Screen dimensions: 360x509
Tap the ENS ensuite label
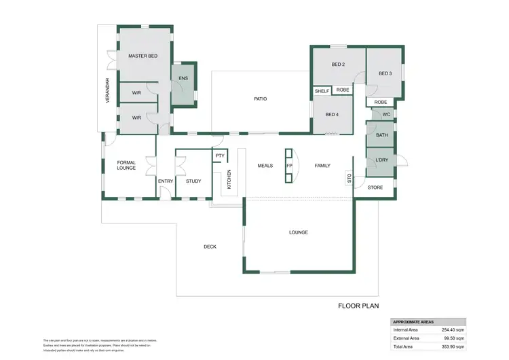pyautogui.click(x=183, y=79)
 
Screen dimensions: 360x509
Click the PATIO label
pyautogui.click(x=260, y=99)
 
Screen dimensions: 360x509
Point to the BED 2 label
pyautogui.click(x=338, y=65)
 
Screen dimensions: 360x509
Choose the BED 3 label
pyautogui.click(x=385, y=73)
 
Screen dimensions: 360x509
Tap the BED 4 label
pyautogui.click(x=331, y=114)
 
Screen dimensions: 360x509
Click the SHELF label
pyautogui.click(x=322, y=90)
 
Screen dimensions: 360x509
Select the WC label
pyautogui.click(x=385, y=114)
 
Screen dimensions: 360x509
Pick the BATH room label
pyautogui.click(x=381, y=135)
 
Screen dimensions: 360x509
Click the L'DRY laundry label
pyautogui.click(x=381, y=160)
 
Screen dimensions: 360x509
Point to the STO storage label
pyautogui.click(x=350, y=179)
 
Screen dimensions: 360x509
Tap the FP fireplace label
pyautogui.click(x=289, y=166)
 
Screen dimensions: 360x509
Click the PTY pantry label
pyautogui.click(x=219, y=156)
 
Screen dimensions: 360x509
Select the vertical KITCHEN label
pyautogui.click(x=229, y=179)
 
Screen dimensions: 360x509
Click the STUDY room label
pyautogui.click(x=193, y=181)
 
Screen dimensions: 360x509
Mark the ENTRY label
pyautogui.click(x=166, y=181)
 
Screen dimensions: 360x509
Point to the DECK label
pyautogui.click(x=210, y=247)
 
